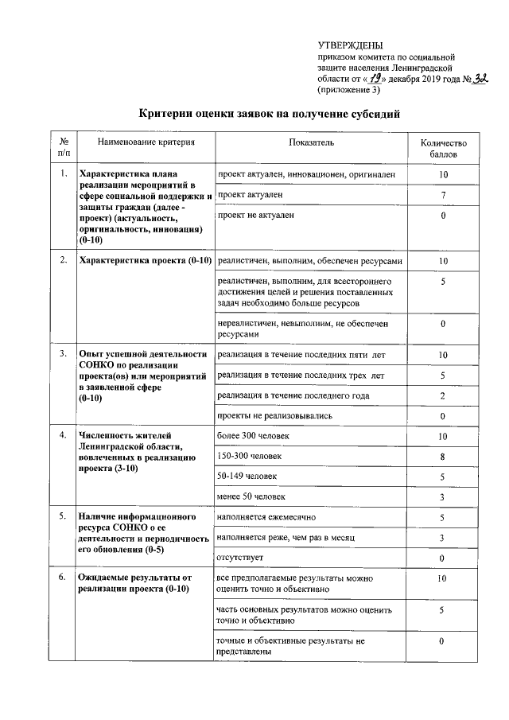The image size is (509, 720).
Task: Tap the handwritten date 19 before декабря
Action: (378, 79)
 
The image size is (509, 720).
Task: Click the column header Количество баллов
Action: (443, 147)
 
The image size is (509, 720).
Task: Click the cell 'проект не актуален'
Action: (255, 215)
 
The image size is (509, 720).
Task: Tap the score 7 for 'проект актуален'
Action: (443, 195)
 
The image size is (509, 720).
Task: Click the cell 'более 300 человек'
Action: (253, 437)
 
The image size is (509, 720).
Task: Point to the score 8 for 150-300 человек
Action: (443, 457)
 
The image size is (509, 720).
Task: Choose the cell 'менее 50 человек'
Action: (251, 497)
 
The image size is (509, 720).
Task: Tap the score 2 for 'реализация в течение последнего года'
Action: (443, 395)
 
